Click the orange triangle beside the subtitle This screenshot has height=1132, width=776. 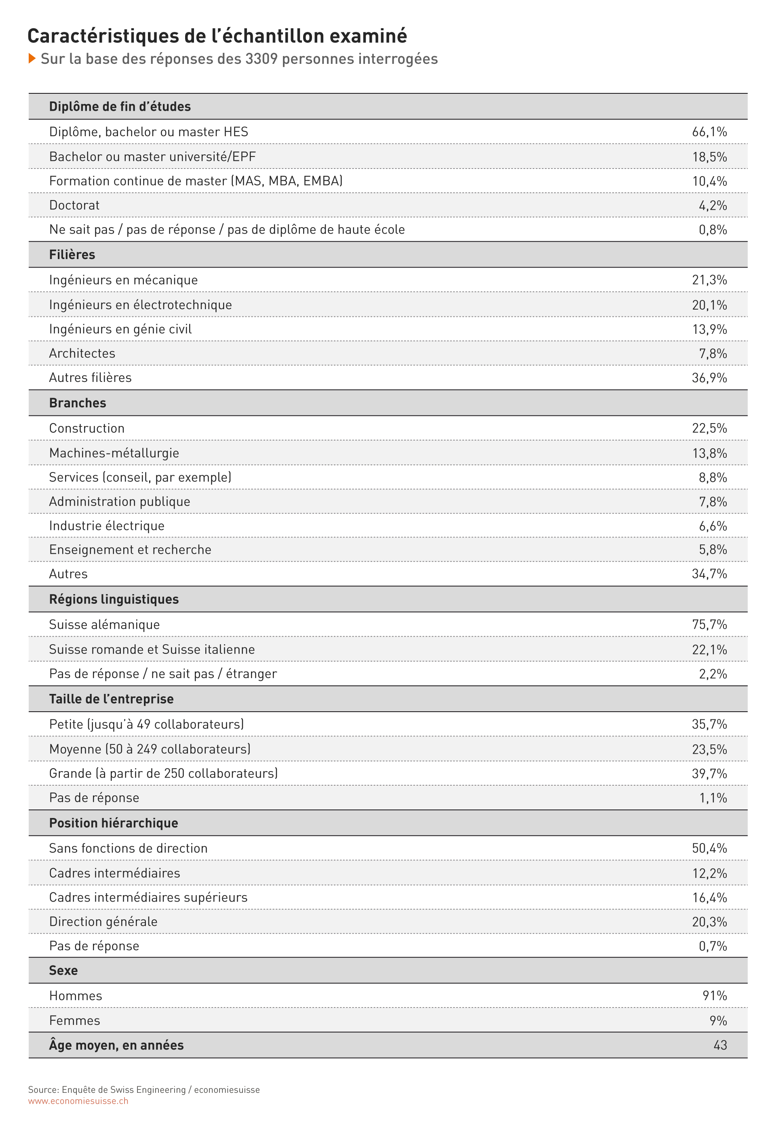(x=32, y=59)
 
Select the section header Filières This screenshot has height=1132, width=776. (x=72, y=255)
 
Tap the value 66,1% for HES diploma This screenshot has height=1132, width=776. (x=709, y=132)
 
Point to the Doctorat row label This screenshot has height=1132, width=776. (x=74, y=205)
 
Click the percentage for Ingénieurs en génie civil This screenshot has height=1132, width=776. (x=710, y=329)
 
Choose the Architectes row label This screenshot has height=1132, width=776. (x=82, y=353)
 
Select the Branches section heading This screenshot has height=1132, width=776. (x=78, y=403)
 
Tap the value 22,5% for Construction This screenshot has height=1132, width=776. (x=709, y=428)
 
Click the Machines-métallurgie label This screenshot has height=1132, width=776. (x=114, y=453)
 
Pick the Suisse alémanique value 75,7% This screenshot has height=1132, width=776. (x=709, y=624)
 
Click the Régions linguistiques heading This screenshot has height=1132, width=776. (x=114, y=599)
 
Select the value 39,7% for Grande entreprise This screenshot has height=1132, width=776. (x=709, y=774)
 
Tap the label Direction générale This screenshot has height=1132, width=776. (x=103, y=921)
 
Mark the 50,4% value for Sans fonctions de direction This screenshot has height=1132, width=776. (x=709, y=849)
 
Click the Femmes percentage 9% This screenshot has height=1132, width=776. (x=718, y=1020)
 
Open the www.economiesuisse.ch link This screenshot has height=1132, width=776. (x=78, y=1101)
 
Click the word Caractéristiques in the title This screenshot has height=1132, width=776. (x=104, y=36)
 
